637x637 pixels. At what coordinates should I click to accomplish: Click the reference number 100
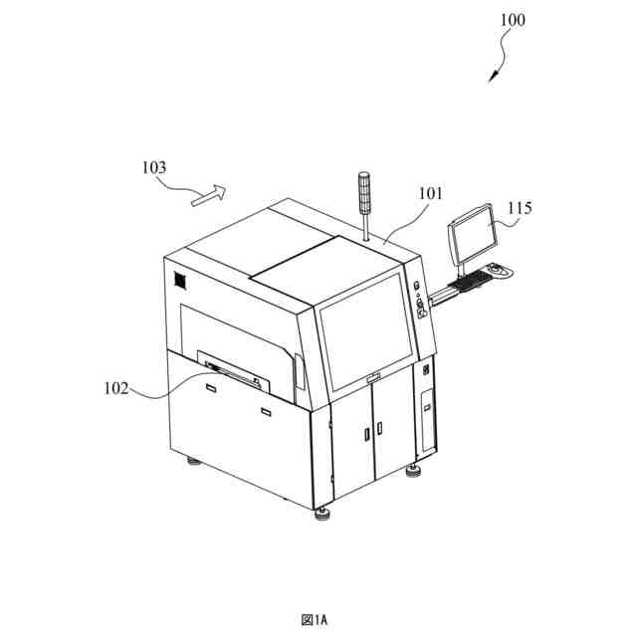pos(514,20)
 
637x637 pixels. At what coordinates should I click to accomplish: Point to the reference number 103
pos(154,167)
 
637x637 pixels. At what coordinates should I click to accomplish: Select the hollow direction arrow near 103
pos(208,194)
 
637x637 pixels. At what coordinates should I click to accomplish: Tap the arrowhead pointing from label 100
pos(493,79)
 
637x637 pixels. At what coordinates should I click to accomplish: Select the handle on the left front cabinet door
pos(364,434)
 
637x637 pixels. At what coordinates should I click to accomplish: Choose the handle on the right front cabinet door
pos(379,429)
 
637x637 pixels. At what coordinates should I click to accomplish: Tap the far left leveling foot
pos(191,461)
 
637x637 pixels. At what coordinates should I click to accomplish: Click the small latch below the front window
pos(373,376)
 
